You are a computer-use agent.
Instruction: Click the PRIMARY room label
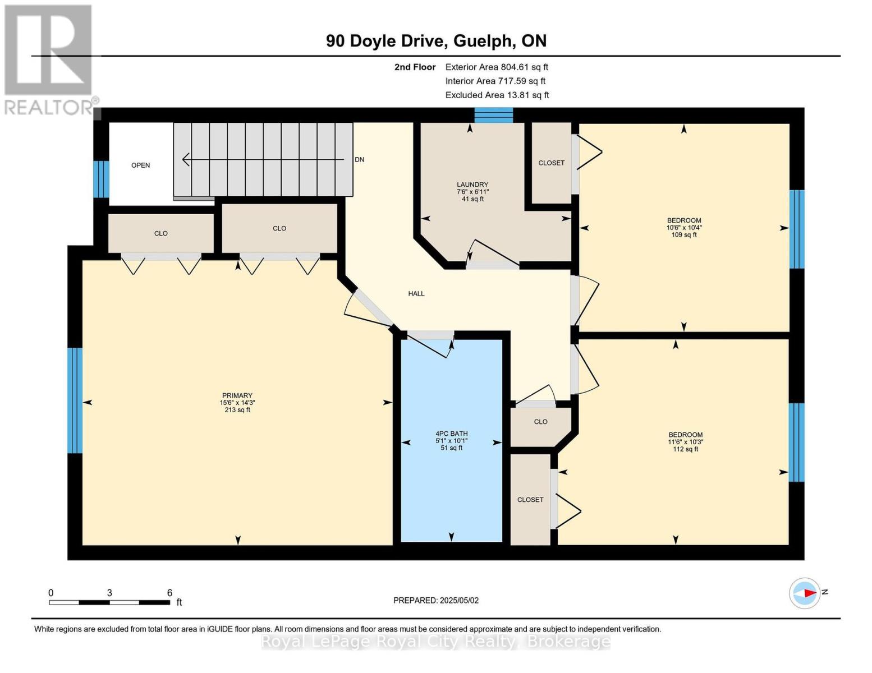[x=237, y=395]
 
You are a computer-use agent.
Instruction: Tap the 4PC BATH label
[x=452, y=434]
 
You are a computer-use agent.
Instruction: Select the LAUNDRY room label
[x=472, y=185]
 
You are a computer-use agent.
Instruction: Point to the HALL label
[x=416, y=293]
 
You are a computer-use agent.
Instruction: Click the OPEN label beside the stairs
[x=140, y=165]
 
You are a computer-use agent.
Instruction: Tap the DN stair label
[x=360, y=160]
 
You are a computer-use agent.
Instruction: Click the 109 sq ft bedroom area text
[x=684, y=234]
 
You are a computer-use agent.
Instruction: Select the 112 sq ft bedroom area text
[x=685, y=449]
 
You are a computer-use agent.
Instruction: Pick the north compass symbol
[x=804, y=593]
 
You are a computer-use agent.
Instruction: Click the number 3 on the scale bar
[x=109, y=592]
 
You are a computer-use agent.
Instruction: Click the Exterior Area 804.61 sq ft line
[x=497, y=67]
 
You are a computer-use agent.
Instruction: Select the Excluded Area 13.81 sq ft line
[x=497, y=95]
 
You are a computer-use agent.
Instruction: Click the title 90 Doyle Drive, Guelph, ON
[x=436, y=41]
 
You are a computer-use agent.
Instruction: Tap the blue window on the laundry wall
[x=494, y=115]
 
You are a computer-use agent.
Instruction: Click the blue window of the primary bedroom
[x=75, y=400]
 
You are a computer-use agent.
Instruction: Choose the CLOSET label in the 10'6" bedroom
[x=552, y=163]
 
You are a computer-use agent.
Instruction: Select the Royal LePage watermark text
[x=435, y=642]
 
